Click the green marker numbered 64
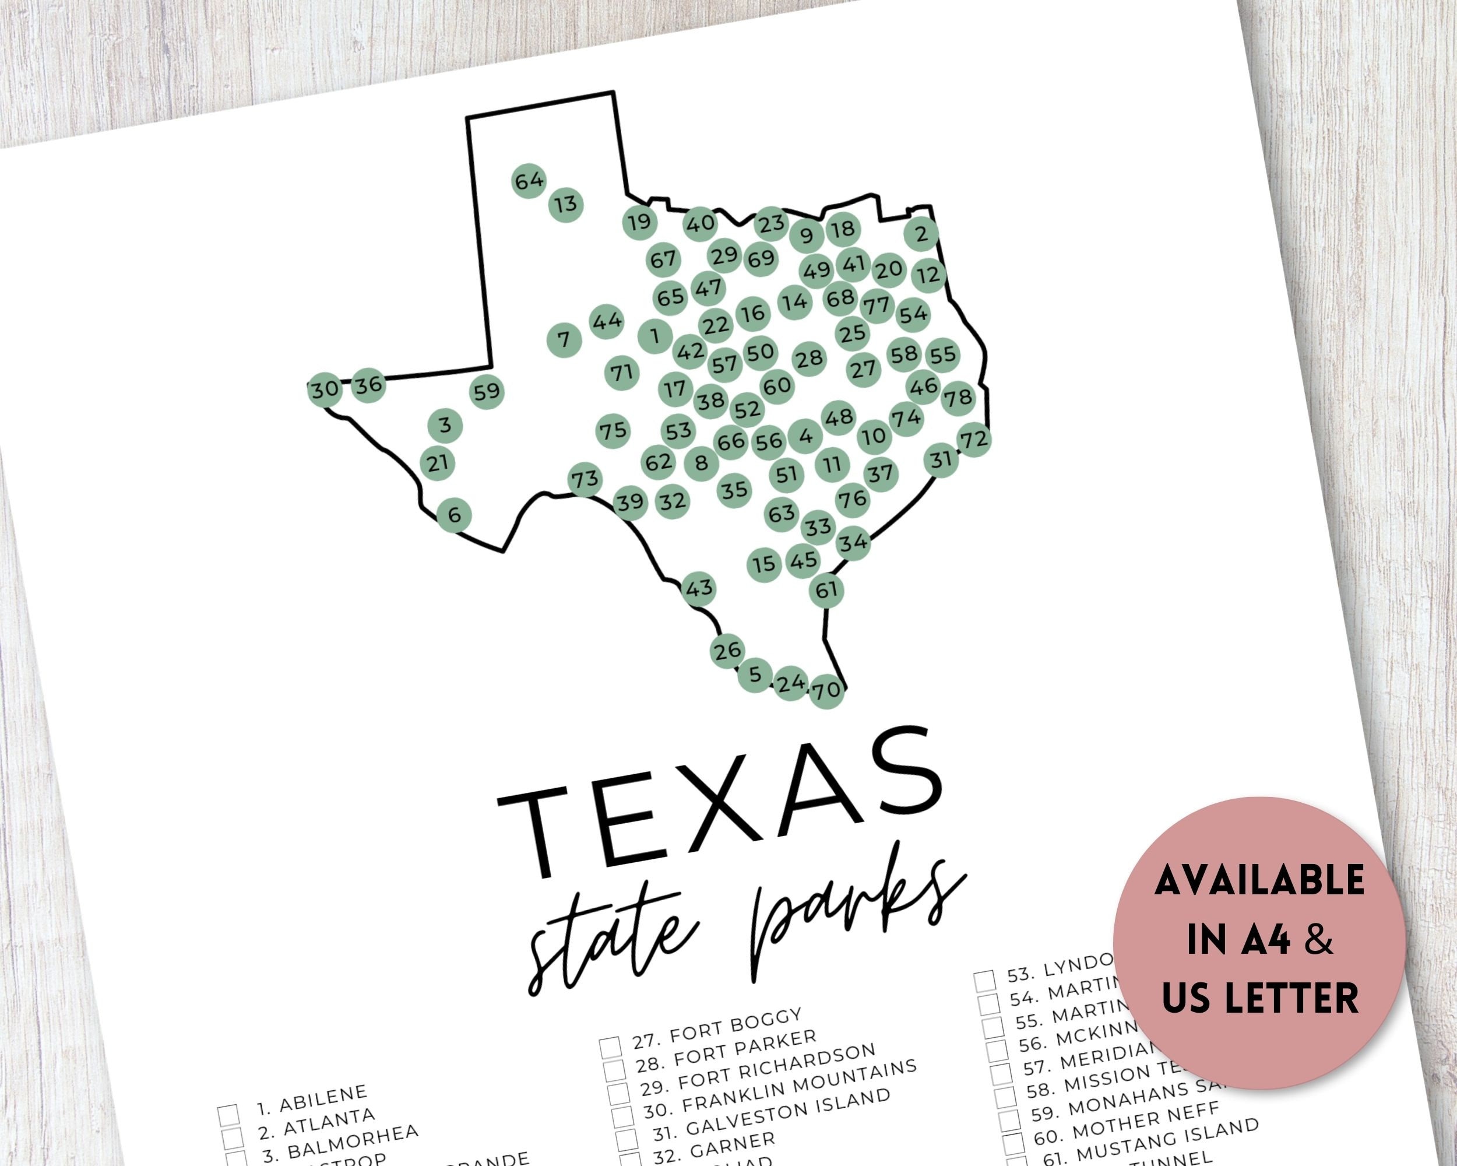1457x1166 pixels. [529, 181]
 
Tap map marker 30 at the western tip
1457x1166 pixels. [325, 389]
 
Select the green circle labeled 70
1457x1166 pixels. [826, 690]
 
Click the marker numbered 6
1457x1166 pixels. [454, 515]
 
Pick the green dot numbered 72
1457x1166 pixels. [974, 440]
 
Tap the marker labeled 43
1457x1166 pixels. [699, 588]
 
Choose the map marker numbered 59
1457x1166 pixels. [487, 391]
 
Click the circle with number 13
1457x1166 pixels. [566, 203]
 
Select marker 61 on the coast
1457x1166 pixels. [826, 590]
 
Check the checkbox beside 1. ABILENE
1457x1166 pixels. [228, 1114]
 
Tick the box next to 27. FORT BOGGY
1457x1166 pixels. [610, 1047]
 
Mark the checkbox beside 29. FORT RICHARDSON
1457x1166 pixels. [617, 1093]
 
